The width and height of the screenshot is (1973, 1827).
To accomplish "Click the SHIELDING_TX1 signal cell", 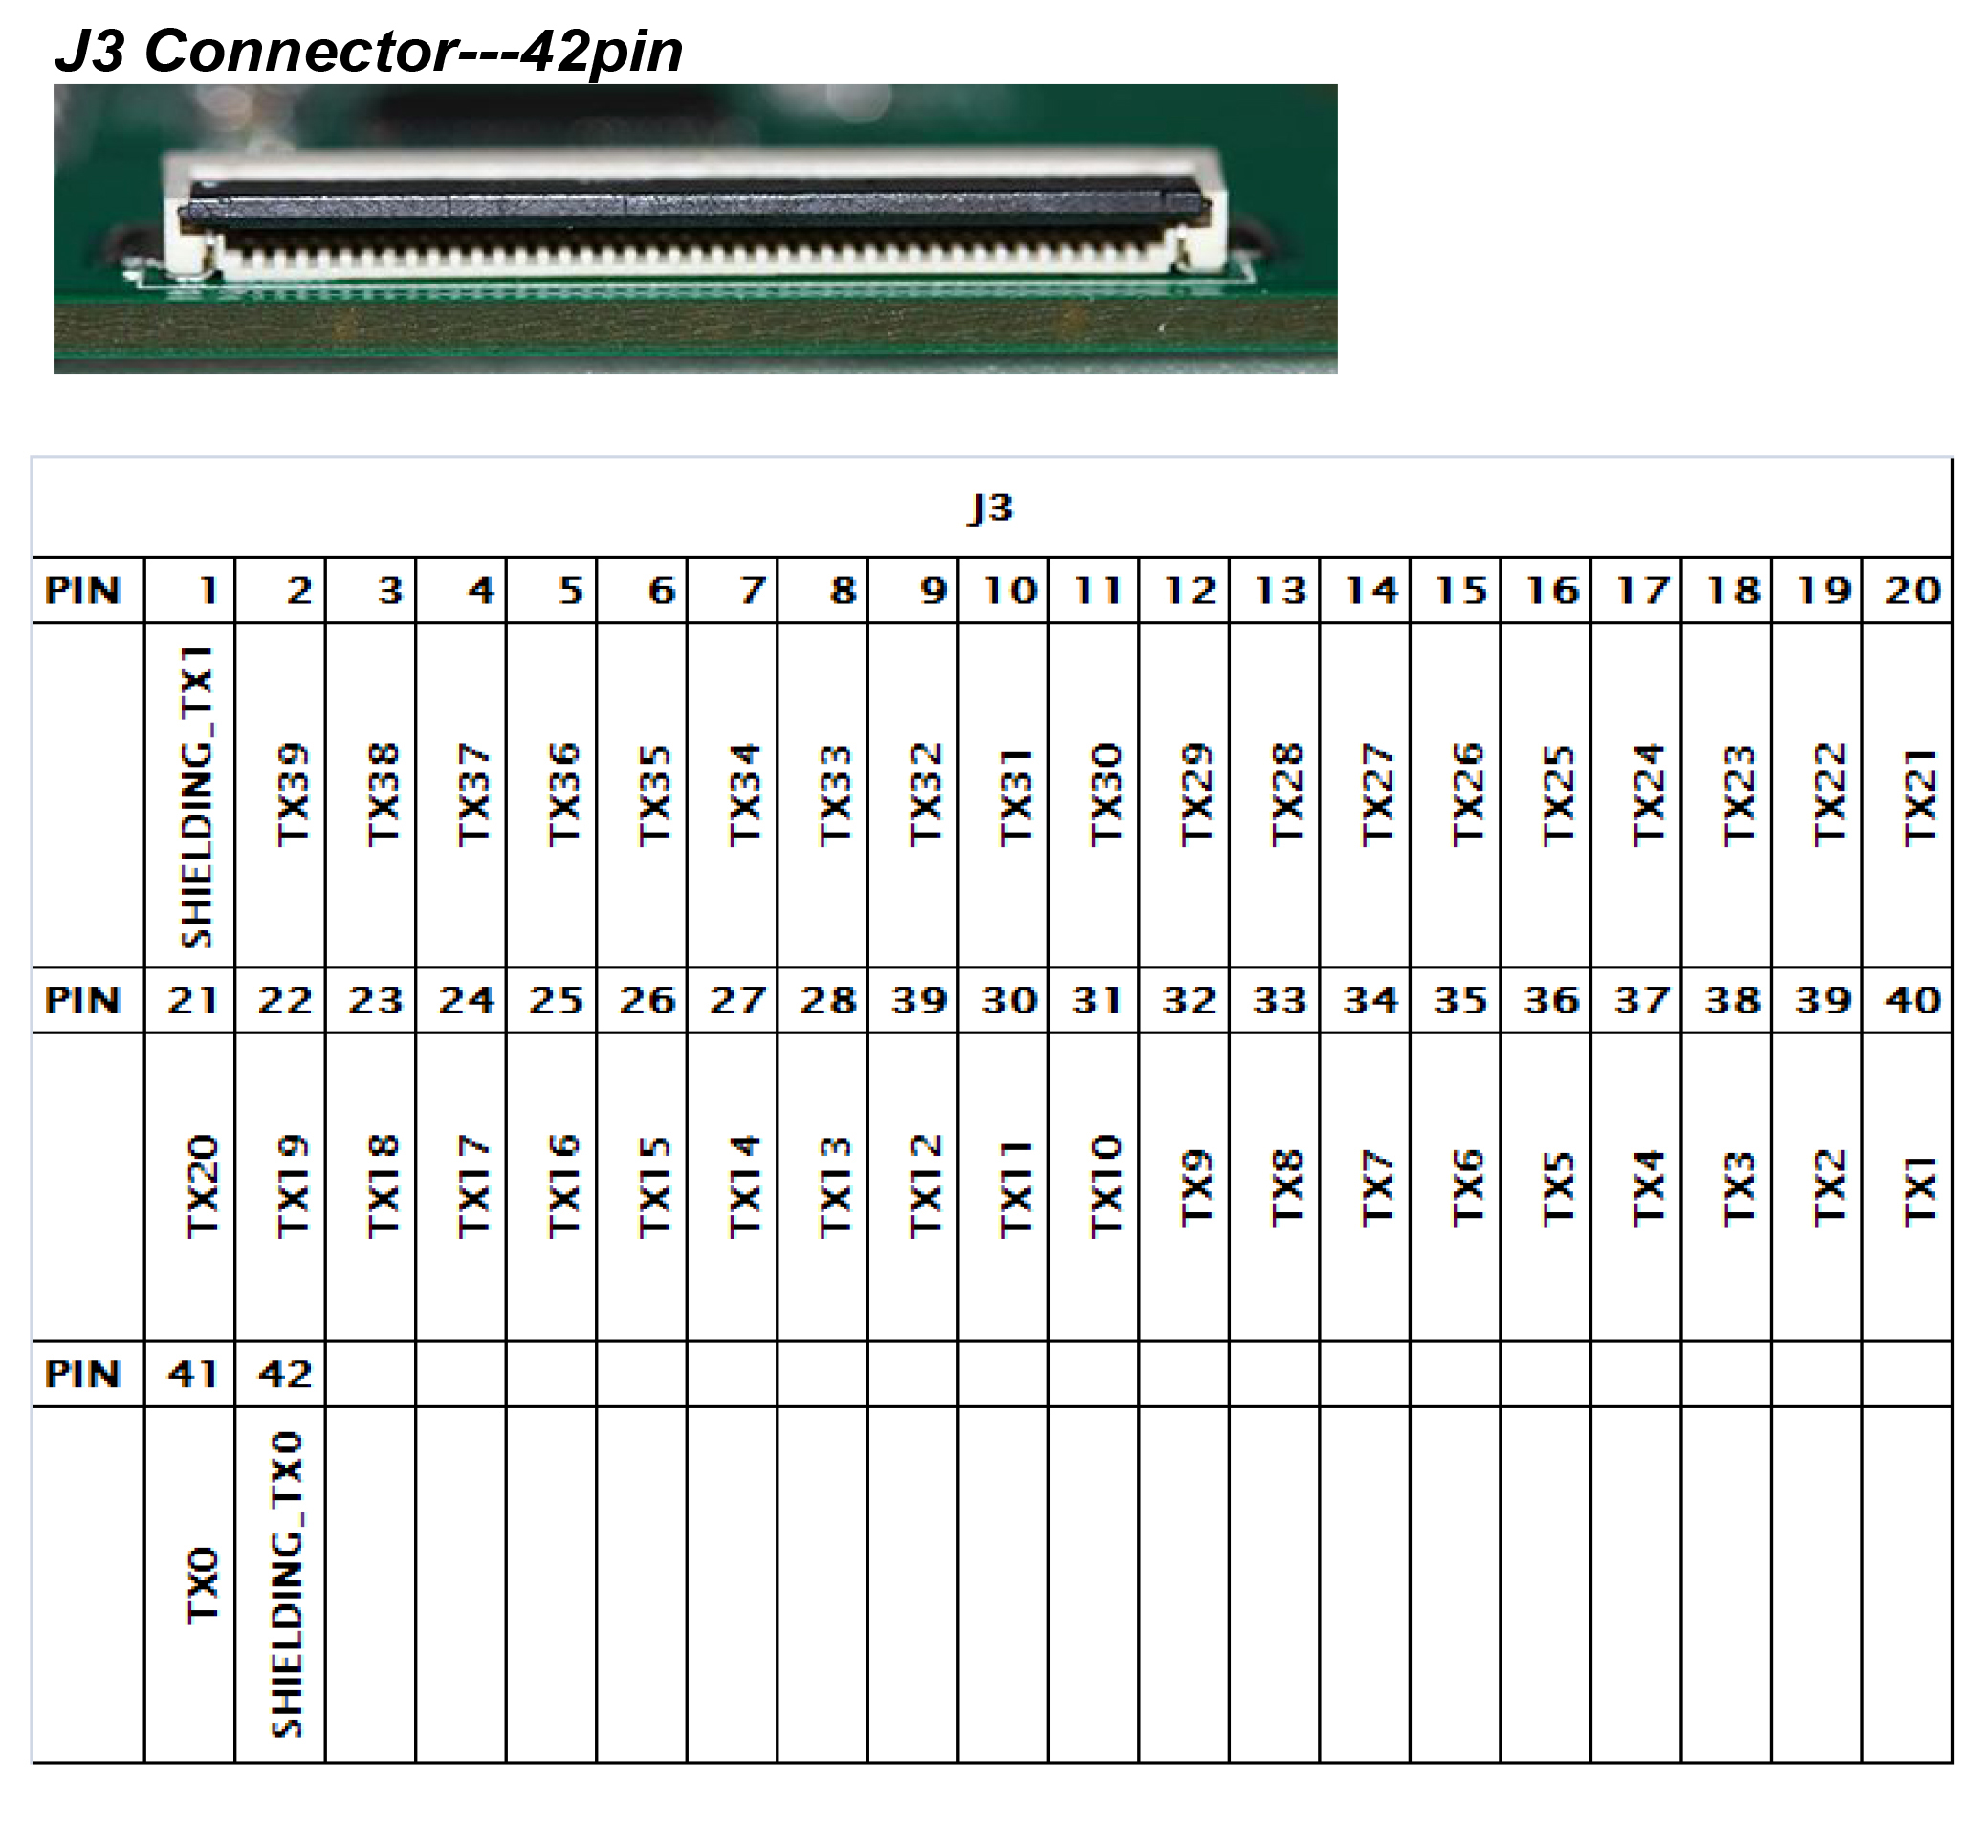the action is point(197,796).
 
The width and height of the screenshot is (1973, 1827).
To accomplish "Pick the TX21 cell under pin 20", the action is point(1918,796).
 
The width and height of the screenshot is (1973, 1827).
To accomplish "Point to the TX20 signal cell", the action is point(202,1186).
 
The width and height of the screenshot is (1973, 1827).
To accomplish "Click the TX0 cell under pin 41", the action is point(202,1586).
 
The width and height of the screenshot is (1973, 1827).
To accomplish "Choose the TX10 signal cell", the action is point(1106,1186).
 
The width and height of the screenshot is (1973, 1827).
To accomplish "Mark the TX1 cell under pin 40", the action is point(1918,1190).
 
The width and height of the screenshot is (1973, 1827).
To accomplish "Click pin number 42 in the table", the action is point(285,1373).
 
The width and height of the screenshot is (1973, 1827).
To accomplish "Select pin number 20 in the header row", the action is point(1913,590).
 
